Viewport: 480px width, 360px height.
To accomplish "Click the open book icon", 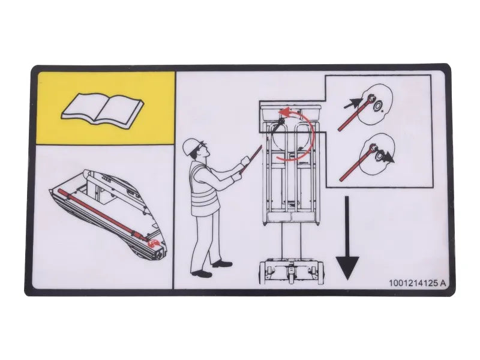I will point(102,108).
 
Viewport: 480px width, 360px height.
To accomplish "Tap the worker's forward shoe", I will point(222,263).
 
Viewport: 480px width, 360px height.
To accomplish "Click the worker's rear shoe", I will point(202,273).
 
